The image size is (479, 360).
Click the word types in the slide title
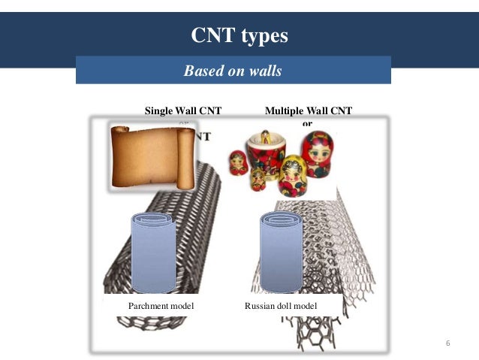[x=264, y=36]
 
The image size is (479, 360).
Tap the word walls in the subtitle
[x=264, y=71]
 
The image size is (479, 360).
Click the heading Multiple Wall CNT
[x=308, y=111]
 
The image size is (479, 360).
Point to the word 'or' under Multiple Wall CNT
[x=306, y=123]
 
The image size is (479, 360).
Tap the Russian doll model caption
[x=281, y=307]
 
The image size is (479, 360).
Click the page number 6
[x=447, y=343]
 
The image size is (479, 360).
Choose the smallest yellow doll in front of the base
[x=258, y=179]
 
